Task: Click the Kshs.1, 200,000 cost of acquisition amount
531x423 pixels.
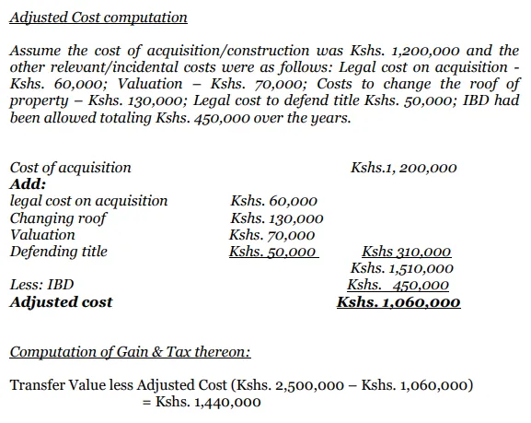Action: (403, 168)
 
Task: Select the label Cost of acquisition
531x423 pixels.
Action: (70, 168)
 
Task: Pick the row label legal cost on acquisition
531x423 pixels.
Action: (88, 201)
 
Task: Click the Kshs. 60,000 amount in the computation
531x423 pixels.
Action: (274, 201)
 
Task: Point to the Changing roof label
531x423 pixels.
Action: (58, 217)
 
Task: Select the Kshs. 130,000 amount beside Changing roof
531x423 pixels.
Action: (277, 218)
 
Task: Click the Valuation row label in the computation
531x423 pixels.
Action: (42, 234)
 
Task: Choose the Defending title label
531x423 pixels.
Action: (58, 251)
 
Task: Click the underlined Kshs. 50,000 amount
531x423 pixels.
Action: (273, 252)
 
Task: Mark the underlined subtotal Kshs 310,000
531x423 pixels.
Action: (406, 252)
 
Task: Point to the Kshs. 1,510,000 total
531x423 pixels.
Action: (402, 268)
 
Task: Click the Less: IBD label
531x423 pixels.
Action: (41, 285)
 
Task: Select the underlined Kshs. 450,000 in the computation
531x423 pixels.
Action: (398, 286)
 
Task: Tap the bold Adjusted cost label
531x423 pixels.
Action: (61, 301)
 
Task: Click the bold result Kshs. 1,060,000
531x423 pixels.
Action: (398, 302)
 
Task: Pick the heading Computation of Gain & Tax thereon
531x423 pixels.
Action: (130, 352)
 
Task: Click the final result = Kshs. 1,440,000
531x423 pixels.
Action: (208, 402)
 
